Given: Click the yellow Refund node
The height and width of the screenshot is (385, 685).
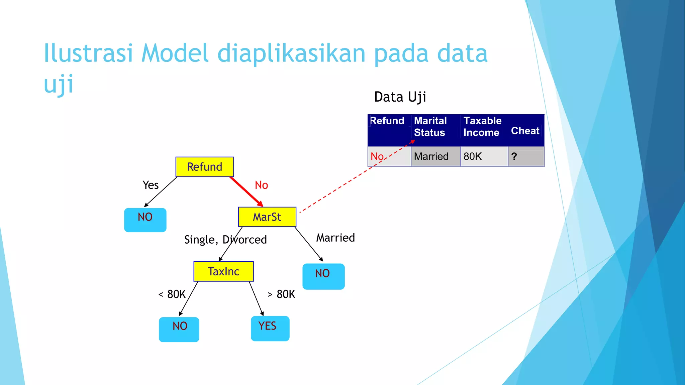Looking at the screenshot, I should point(204,167).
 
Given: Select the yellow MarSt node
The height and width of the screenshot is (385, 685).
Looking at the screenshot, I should point(267,217).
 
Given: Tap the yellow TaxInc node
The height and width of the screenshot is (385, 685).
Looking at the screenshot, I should point(223,271).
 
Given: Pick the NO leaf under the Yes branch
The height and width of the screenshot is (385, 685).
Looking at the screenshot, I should point(145,220).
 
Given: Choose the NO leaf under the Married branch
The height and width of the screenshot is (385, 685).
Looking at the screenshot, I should point(323,276).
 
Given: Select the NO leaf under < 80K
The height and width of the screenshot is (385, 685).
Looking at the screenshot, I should point(179,329).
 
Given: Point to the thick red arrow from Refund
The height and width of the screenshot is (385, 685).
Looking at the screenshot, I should point(246,191).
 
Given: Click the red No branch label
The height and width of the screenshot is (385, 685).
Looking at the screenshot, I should point(261,185).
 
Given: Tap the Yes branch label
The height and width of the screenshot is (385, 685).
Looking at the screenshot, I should point(151,185).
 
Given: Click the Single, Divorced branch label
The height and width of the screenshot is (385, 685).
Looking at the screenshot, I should point(225,240).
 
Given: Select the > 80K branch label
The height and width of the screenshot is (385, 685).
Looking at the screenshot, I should point(281,294).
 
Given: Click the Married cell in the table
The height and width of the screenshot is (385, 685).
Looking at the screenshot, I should point(431,156).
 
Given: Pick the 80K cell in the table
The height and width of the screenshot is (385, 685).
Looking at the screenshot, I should point(473,156).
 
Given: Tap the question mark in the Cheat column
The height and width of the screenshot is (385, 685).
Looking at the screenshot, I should point(514,156).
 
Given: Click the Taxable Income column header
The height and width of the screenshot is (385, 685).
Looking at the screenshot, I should point(482,127).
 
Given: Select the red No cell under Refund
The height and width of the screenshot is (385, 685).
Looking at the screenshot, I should point(377,156).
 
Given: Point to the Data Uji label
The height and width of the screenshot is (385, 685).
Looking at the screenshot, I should point(400,97).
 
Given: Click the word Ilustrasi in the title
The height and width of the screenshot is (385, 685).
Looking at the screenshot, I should point(88,53).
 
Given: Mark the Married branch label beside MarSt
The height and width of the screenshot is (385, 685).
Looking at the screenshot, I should point(335,238).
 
